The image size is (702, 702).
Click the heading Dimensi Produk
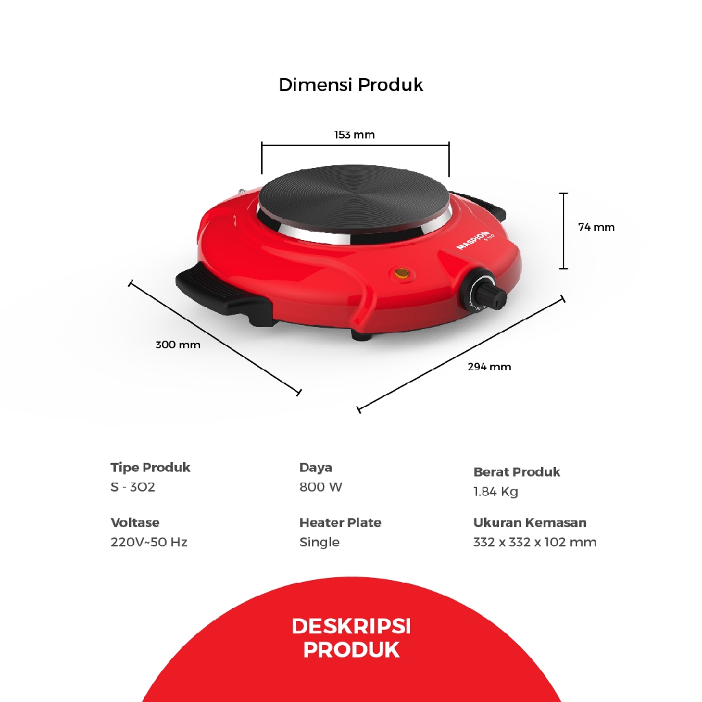pyautogui.click(x=350, y=85)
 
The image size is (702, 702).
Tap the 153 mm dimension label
pyautogui.click(x=354, y=134)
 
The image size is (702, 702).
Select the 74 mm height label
pyautogui.click(x=596, y=227)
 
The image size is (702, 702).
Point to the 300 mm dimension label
pyautogui.click(x=178, y=345)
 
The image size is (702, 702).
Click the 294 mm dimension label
pyautogui.click(x=489, y=367)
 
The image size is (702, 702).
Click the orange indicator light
pyautogui.click(x=401, y=274)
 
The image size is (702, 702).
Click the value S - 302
pyautogui.click(x=133, y=487)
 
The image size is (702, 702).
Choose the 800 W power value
pyautogui.click(x=321, y=487)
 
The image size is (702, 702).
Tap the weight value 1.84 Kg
pyautogui.click(x=496, y=492)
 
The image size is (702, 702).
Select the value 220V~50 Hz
pyautogui.click(x=149, y=542)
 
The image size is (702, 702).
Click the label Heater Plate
pyautogui.click(x=340, y=522)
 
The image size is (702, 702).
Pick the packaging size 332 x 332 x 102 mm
pyautogui.click(x=535, y=542)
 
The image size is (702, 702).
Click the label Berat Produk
pyautogui.click(x=516, y=472)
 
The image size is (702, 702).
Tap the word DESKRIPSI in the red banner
pyautogui.click(x=351, y=626)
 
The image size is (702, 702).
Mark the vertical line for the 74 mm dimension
pyautogui.click(x=564, y=231)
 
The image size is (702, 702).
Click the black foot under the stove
pyautogui.click(x=363, y=337)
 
